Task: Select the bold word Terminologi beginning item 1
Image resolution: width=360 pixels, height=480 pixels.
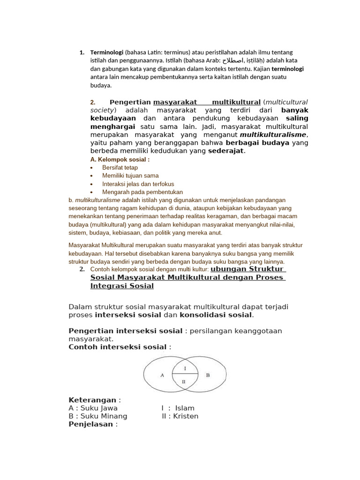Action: pos(106,52)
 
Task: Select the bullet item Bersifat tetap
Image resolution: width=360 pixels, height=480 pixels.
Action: pos(120,167)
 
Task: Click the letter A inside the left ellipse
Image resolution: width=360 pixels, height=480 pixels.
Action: pos(162,375)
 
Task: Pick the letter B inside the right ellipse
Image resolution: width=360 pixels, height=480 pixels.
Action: pos(208,375)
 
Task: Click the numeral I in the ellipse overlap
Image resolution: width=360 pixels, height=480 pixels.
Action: pos(185,368)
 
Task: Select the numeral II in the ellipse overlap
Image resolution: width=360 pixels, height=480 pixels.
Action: pos(184,382)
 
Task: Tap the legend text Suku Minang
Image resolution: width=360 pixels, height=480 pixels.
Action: pos(104,416)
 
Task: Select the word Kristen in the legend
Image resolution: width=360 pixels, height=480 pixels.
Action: pos(186,416)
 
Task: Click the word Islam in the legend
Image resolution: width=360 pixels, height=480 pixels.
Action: pos(184,408)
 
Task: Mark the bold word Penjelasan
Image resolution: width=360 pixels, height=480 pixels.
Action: pos(90,424)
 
